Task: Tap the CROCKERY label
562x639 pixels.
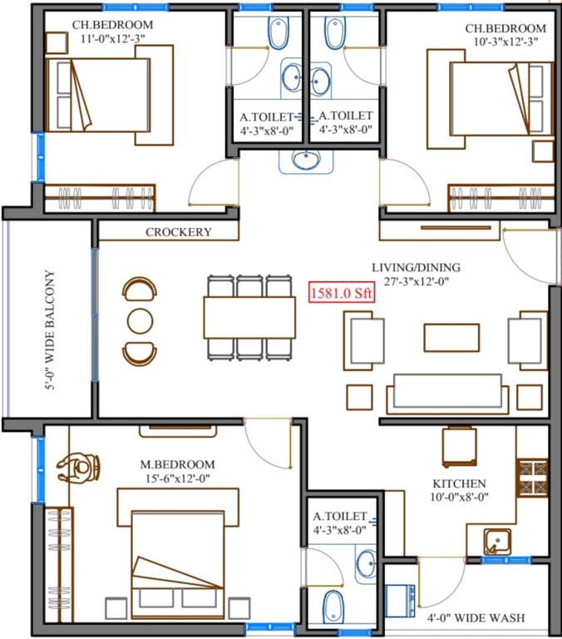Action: pyautogui.click(x=179, y=232)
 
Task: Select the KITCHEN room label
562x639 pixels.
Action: pyautogui.click(x=459, y=483)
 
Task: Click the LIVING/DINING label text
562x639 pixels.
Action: pyautogui.click(x=416, y=267)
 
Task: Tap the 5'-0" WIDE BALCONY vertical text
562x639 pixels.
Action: pyautogui.click(x=49, y=329)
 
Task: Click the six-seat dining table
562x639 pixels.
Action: pyautogui.click(x=249, y=317)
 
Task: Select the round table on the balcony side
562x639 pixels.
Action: pyautogui.click(x=138, y=320)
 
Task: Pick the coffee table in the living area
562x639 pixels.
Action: pyautogui.click(x=451, y=337)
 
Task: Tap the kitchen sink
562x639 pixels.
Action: pyautogui.click(x=496, y=542)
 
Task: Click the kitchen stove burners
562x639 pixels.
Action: pyautogui.click(x=532, y=478)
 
